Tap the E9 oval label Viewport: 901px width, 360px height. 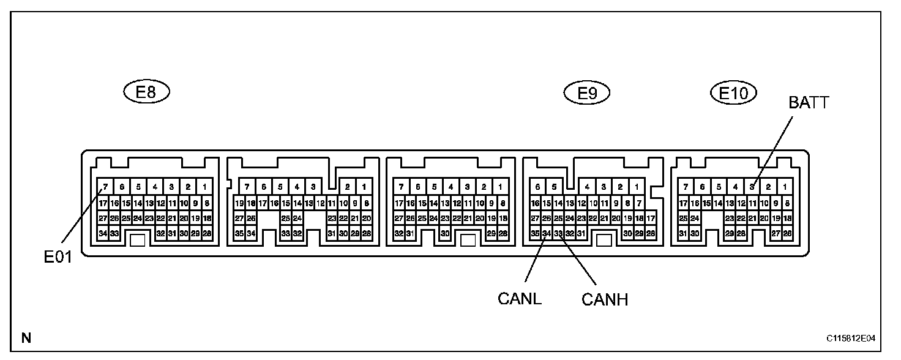587,93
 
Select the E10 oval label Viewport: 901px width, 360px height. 733,93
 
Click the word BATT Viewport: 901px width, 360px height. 808,103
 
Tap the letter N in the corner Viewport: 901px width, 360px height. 26,337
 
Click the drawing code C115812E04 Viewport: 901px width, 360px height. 851,338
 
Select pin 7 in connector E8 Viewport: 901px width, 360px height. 105,187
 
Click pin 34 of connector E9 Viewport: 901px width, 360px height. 547,233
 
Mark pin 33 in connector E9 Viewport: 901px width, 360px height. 558,233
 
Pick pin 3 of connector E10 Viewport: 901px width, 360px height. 752,187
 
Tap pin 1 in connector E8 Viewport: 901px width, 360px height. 204,187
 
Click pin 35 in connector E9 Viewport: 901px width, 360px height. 535,233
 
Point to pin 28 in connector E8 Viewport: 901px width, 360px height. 206,233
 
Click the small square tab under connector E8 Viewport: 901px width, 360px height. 138,239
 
